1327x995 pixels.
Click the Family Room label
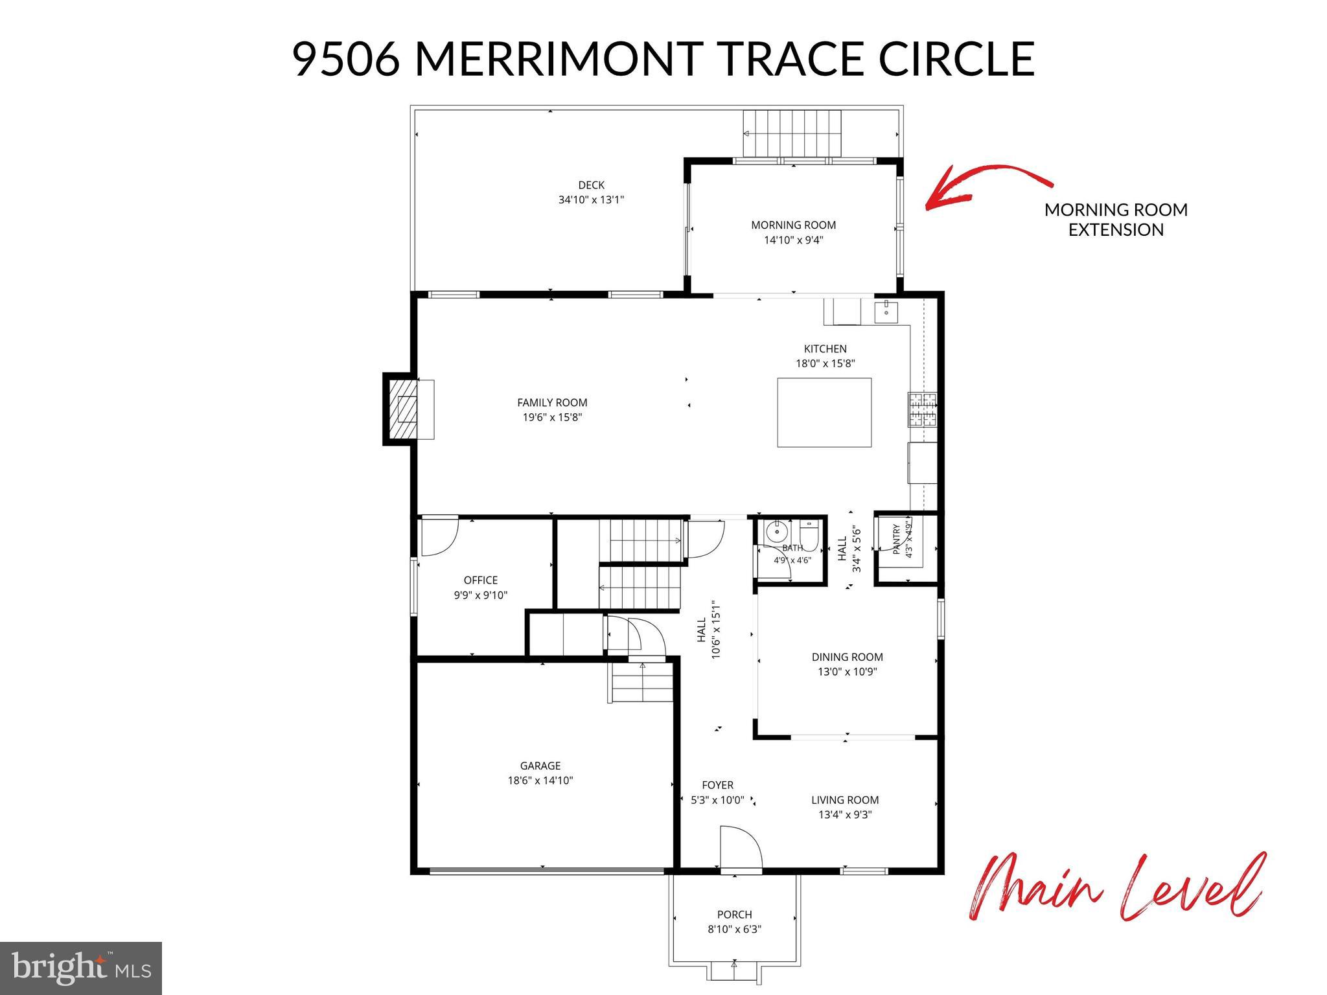click(x=552, y=403)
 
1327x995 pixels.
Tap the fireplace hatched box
click(x=402, y=409)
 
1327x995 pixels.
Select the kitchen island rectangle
click(x=824, y=413)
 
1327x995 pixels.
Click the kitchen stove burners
click(x=923, y=410)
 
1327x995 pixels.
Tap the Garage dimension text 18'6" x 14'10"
click(x=540, y=781)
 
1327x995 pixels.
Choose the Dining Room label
click(x=847, y=657)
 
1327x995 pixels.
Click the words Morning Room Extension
click(x=1116, y=220)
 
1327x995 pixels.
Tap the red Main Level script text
click(x=1116, y=887)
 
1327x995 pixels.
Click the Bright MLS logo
click(x=81, y=968)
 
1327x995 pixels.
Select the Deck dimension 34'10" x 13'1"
click(x=591, y=200)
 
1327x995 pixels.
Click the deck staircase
click(x=792, y=133)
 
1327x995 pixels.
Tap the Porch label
click(x=734, y=915)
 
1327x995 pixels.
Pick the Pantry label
click(x=897, y=539)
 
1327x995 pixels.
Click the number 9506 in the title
click(x=346, y=58)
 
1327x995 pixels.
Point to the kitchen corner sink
click(x=885, y=312)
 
